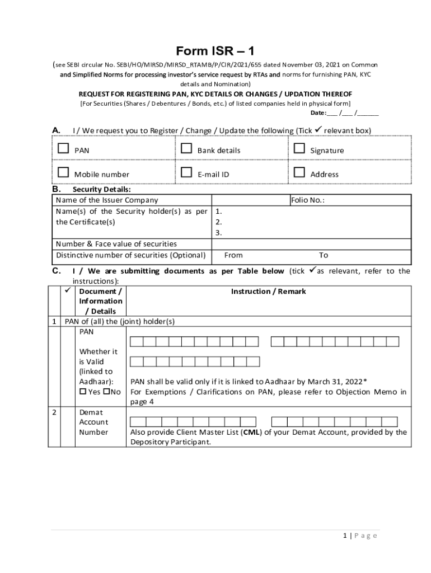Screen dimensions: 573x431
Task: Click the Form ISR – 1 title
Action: click(x=215, y=51)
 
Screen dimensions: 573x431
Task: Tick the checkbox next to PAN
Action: click(x=63, y=149)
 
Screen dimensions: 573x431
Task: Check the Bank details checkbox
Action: click(x=186, y=149)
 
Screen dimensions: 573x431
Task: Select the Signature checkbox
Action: click(x=299, y=149)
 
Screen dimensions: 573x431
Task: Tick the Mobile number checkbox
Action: click(x=63, y=172)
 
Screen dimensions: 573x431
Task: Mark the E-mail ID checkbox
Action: click(x=186, y=172)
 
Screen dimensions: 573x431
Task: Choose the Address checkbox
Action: click(x=299, y=172)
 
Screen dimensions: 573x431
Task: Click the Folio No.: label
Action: click(x=307, y=200)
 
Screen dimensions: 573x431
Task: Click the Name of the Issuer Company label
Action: click(x=107, y=200)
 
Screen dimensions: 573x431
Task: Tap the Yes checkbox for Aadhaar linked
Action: click(x=83, y=392)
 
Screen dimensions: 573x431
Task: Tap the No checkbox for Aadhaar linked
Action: click(x=106, y=392)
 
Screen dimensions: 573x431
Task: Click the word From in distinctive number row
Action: click(x=233, y=255)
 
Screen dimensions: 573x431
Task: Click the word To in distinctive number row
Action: click(x=324, y=255)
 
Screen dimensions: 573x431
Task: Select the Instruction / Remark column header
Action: click(x=268, y=292)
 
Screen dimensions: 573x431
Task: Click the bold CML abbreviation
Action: click(x=250, y=432)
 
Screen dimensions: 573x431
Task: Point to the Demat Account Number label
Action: click(x=93, y=422)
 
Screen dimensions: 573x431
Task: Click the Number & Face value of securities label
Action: click(x=116, y=244)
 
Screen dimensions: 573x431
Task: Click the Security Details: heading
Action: click(x=102, y=190)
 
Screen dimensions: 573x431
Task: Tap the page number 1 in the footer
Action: click(x=345, y=536)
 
